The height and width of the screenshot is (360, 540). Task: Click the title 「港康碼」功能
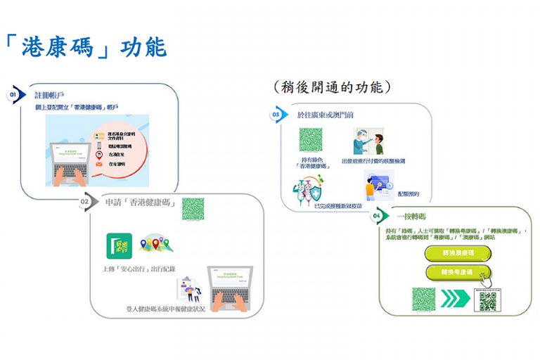tap(85, 46)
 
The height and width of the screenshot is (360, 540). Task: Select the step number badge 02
tap(85, 202)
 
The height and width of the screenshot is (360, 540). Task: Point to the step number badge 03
tap(276, 114)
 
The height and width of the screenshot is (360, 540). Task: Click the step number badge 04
tap(377, 215)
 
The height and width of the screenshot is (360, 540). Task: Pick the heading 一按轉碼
tap(411, 216)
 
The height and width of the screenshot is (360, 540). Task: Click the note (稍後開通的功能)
tap(331, 87)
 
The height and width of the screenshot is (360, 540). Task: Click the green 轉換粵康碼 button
tap(458, 271)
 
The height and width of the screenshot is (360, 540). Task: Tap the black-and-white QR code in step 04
tap(488, 300)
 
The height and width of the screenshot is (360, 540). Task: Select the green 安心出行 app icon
tap(118, 246)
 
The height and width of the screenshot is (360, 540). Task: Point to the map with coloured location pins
tap(155, 244)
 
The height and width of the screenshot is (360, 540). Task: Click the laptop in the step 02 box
tap(230, 288)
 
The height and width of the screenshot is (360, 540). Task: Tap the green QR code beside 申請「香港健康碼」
tap(193, 209)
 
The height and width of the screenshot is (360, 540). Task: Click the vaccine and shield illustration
tap(309, 188)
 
